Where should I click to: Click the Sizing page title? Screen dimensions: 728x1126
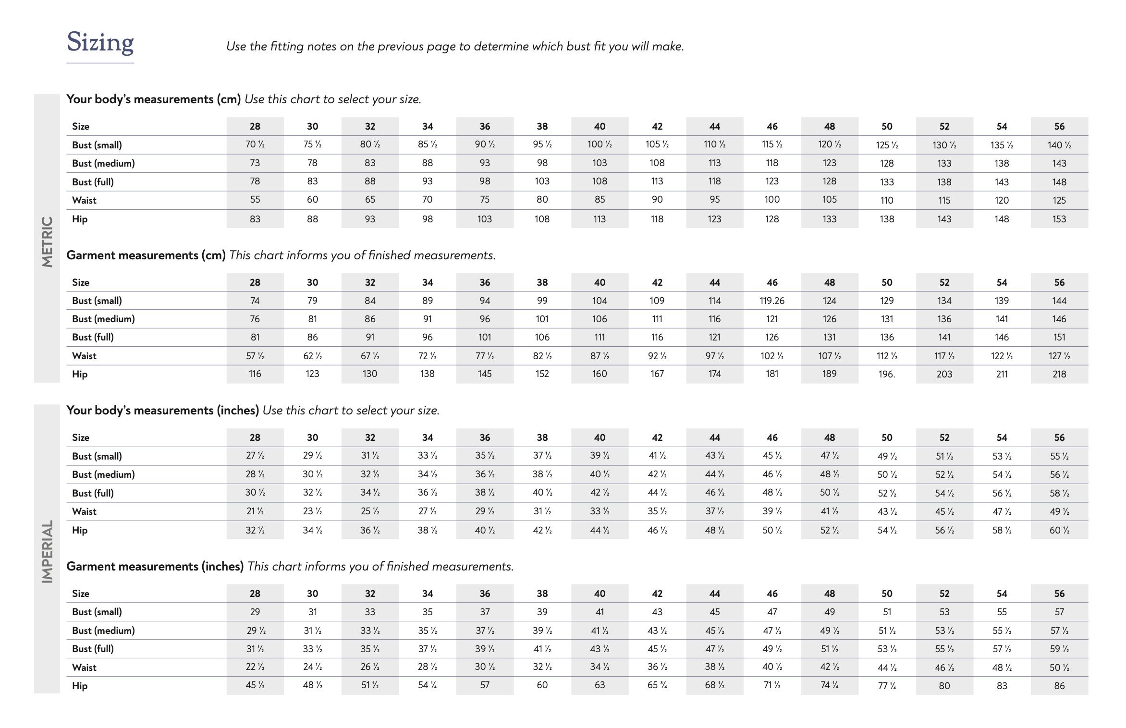pyautogui.click(x=100, y=43)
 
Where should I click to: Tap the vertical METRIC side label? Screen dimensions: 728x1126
pyautogui.click(x=47, y=242)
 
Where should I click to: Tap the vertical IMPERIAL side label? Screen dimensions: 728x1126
pyautogui.click(x=47, y=552)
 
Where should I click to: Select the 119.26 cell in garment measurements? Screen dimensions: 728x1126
pyautogui.click(x=771, y=301)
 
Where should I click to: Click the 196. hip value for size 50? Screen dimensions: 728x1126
pyautogui.click(x=886, y=374)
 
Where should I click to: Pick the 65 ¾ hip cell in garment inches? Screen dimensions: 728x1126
pyautogui.click(x=657, y=685)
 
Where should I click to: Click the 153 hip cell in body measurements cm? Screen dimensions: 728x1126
pyautogui.click(x=1059, y=219)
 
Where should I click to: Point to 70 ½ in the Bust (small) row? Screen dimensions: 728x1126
pyautogui.click(x=255, y=145)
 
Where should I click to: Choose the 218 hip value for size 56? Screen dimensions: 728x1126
pyautogui.click(x=1059, y=374)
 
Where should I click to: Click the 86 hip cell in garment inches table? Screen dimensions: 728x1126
pyautogui.click(x=1059, y=686)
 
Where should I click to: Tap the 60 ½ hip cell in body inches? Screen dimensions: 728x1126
pyautogui.click(x=1059, y=530)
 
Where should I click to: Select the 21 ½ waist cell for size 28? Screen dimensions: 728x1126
pyautogui.click(x=255, y=511)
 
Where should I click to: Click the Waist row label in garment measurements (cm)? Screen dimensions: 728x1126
pyautogui.click(x=84, y=356)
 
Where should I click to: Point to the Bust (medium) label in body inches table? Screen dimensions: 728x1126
pyautogui.click(x=103, y=474)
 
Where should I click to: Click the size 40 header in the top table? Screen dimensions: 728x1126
pyautogui.click(x=600, y=126)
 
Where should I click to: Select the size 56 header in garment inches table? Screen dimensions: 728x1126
pyautogui.click(x=1059, y=594)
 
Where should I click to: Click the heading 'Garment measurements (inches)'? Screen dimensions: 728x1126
pyautogui.click(x=155, y=566)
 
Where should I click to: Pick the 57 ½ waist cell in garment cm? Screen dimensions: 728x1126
pyautogui.click(x=255, y=356)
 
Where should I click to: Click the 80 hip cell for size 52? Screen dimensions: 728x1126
pyautogui.click(x=944, y=686)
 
